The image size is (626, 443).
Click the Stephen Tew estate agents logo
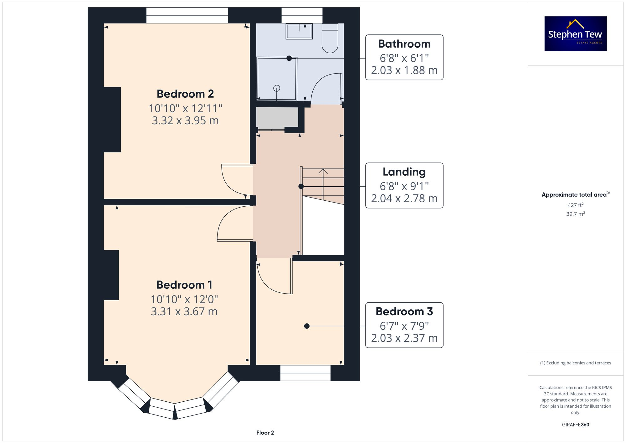[x=575, y=34]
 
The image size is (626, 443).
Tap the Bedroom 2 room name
[x=185, y=94]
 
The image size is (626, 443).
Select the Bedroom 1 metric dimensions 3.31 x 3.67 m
[x=184, y=312]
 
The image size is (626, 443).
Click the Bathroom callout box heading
[x=404, y=44]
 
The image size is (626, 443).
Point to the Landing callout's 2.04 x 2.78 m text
[x=404, y=198]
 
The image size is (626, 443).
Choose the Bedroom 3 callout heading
[x=404, y=312]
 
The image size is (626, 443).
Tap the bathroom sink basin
[x=299, y=31]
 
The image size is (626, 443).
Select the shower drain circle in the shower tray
[x=277, y=88]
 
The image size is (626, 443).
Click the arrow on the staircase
[x=323, y=172]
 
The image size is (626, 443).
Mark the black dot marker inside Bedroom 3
[x=307, y=326]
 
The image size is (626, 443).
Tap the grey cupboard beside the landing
[x=277, y=117]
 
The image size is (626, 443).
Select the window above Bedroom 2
[x=187, y=15]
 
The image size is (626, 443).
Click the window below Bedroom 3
[x=305, y=373]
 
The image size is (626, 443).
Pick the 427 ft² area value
[x=575, y=205]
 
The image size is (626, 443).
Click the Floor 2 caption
[x=265, y=433]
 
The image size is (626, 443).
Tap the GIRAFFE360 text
[x=575, y=425]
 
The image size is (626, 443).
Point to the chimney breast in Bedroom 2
[x=112, y=120]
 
